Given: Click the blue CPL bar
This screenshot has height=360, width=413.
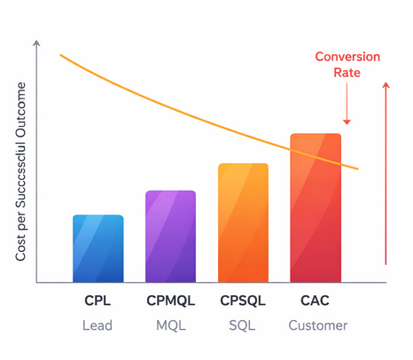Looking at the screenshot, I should [x=97, y=248].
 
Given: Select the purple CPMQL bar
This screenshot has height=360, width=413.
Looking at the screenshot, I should [x=170, y=237].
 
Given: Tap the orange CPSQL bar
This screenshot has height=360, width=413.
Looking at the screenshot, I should [x=243, y=223].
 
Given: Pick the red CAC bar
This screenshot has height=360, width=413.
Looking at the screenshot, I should [x=316, y=207].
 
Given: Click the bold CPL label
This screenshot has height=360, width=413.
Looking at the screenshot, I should [x=97, y=301].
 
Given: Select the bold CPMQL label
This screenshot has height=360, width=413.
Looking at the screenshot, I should [x=170, y=301].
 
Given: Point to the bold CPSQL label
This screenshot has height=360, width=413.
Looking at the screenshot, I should [x=243, y=301].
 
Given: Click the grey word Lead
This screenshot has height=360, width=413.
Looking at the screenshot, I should [x=97, y=325].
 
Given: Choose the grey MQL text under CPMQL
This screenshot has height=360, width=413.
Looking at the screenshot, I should [x=170, y=325].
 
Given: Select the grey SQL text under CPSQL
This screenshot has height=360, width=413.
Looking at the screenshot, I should [x=242, y=325].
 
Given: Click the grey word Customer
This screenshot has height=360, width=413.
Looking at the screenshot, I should [x=318, y=325].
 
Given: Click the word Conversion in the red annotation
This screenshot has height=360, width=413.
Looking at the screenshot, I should [x=347, y=57].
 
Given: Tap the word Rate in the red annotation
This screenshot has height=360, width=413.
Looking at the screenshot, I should [x=347, y=74].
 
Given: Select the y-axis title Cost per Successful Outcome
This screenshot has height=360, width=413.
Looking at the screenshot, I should [x=20, y=173].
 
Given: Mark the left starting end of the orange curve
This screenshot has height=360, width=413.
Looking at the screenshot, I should [x=61, y=55].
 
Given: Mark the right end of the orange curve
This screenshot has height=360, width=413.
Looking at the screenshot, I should [x=357, y=168].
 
